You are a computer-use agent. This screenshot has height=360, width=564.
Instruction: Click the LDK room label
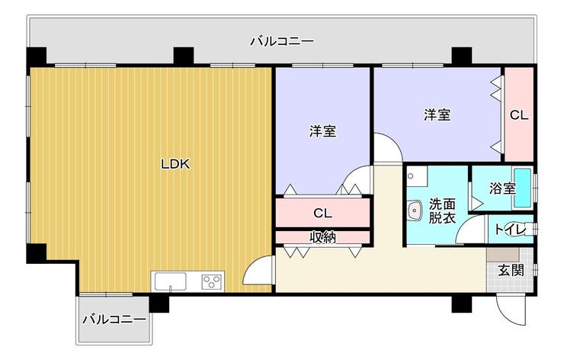click(x=175, y=164)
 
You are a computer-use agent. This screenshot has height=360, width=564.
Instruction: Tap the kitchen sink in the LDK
click(x=171, y=281)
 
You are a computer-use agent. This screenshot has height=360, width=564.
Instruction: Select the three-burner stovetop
click(x=212, y=281)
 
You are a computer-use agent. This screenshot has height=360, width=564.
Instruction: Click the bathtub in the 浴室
click(x=523, y=188)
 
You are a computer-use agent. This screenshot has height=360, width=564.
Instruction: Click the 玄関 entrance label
click(x=511, y=270)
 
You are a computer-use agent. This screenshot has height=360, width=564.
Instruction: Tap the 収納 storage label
click(x=322, y=237)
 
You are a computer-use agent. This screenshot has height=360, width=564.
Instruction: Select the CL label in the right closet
click(x=519, y=115)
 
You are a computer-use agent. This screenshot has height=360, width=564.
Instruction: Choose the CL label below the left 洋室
click(x=322, y=213)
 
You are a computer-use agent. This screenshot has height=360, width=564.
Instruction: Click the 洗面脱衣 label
click(x=442, y=211)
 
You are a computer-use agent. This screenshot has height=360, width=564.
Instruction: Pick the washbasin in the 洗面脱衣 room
click(x=415, y=210)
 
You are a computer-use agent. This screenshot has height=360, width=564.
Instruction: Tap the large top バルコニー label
click(x=282, y=41)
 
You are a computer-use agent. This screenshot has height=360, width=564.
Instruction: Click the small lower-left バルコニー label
click(x=114, y=319)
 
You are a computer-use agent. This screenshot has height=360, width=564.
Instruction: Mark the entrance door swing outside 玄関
click(x=511, y=310)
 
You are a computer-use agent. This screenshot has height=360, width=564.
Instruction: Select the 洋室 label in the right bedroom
click(x=437, y=115)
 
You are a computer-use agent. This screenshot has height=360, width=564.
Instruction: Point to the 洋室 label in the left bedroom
click(x=322, y=131)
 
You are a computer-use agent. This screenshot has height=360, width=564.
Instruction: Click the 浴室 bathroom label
click(x=502, y=188)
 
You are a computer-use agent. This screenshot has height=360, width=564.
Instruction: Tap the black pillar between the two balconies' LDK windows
click(x=184, y=56)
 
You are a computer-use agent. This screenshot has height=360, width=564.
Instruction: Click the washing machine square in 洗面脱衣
click(x=417, y=176)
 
